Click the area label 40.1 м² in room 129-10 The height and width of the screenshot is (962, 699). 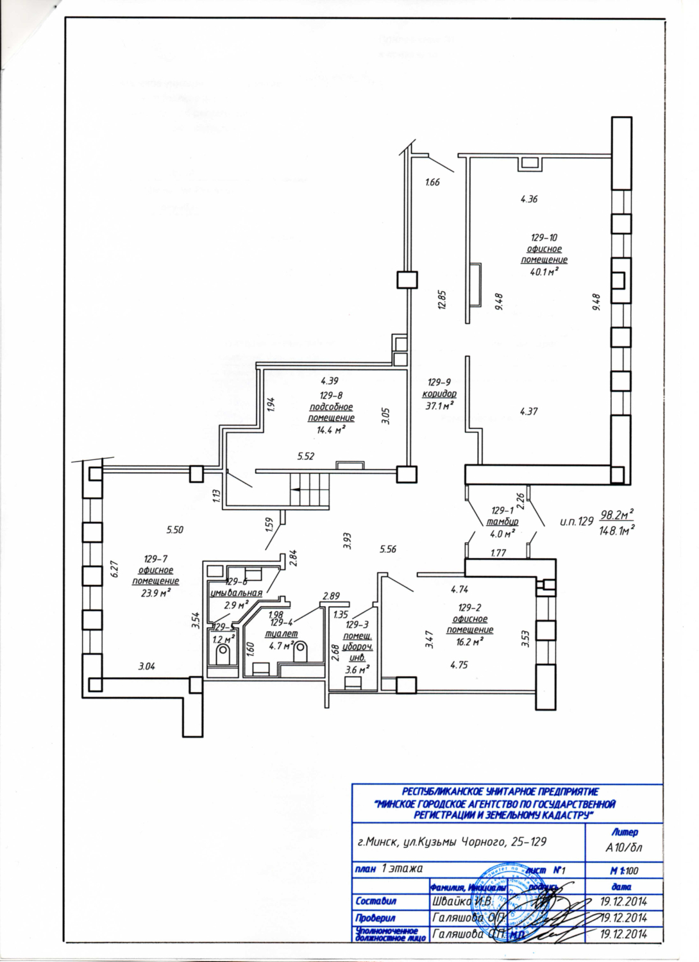point(543,272)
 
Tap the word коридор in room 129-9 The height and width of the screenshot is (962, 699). point(439,394)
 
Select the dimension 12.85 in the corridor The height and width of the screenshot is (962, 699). point(442,300)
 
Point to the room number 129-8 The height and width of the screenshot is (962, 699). point(331,396)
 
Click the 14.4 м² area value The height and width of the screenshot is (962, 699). point(331,430)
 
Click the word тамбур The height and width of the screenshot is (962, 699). point(502,522)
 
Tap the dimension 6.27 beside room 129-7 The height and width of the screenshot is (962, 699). point(115,570)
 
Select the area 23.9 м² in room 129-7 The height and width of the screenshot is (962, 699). point(155,593)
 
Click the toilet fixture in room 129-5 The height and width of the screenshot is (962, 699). point(223,655)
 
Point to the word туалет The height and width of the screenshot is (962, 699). point(281,634)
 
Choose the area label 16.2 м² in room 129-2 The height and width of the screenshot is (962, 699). point(469,641)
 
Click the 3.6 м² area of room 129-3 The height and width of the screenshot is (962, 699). point(357,670)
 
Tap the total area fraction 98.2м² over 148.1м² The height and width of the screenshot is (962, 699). point(616,522)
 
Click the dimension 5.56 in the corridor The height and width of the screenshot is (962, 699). point(388,549)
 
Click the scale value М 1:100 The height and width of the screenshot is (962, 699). point(624,871)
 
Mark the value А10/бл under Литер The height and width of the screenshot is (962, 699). point(624,847)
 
